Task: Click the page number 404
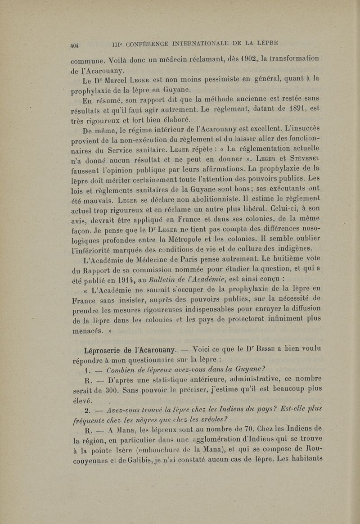tap(75, 44)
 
